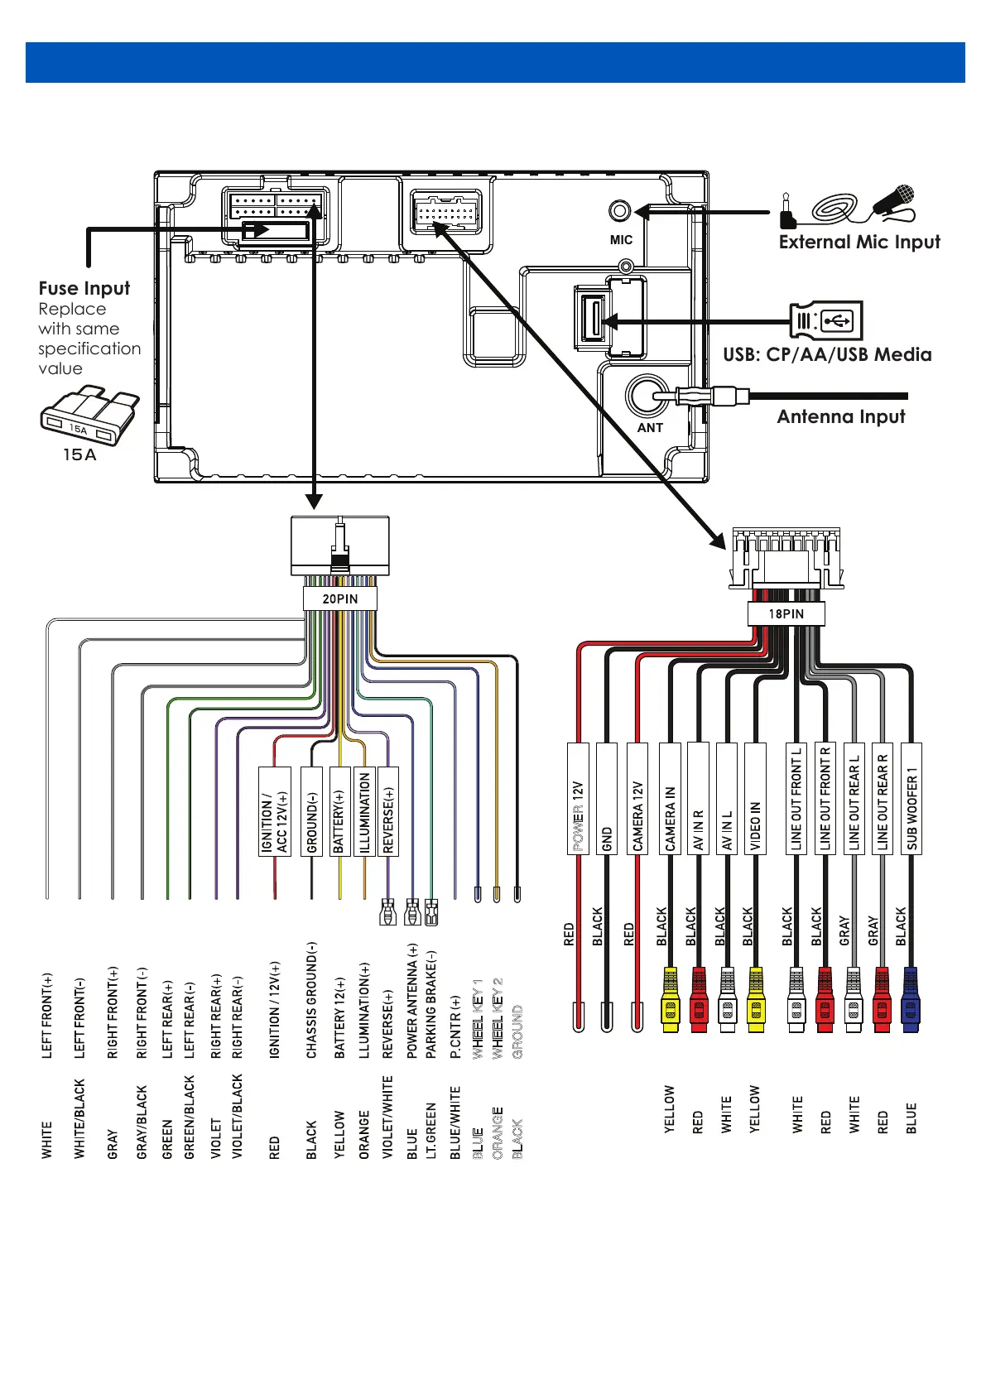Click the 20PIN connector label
[340, 598]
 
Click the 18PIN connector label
[786, 613]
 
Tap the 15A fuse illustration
[89, 416]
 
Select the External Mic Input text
[859, 242]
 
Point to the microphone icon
[894, 201]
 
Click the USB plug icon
[826, 320]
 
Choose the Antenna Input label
[840, 416]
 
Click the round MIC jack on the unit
[619, 211]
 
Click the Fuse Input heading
[84, 288]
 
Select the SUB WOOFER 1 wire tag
[911, 799]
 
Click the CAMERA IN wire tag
[670, 799]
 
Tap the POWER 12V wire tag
[578, 799]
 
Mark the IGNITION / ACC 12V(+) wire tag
[275, 811]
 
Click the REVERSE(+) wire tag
[387, 811]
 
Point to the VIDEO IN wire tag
[755, 799]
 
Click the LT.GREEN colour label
[431, 1130]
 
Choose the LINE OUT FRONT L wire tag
[796, 799]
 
